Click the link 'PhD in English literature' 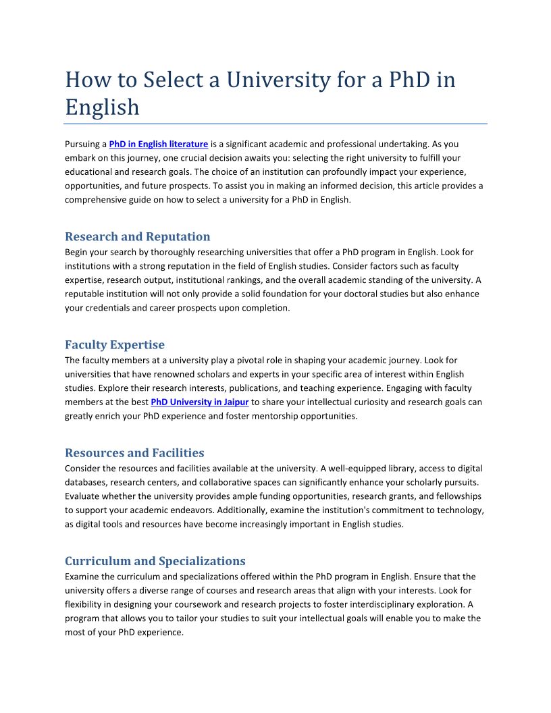[158, 144]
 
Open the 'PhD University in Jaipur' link [200, 402]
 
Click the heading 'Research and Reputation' [137, 236]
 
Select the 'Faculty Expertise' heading [114, 345]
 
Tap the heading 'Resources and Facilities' [134, 452]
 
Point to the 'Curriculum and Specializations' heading [155, 561]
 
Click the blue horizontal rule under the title [275, 124]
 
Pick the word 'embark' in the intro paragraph [80, 158]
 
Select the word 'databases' [85, 482]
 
